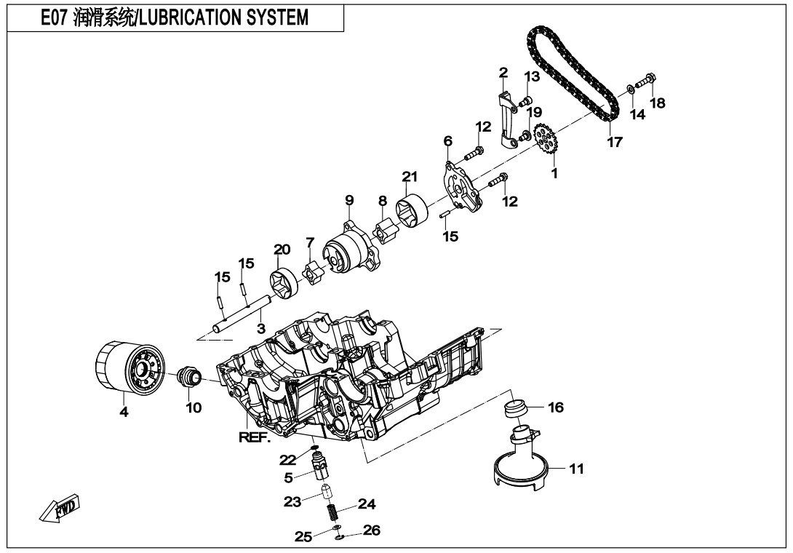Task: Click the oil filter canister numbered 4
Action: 124,370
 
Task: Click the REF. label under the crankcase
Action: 255,437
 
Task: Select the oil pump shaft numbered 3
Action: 233,316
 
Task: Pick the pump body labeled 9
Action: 348,251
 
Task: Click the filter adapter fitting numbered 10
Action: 191,378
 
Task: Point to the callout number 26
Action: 371,531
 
